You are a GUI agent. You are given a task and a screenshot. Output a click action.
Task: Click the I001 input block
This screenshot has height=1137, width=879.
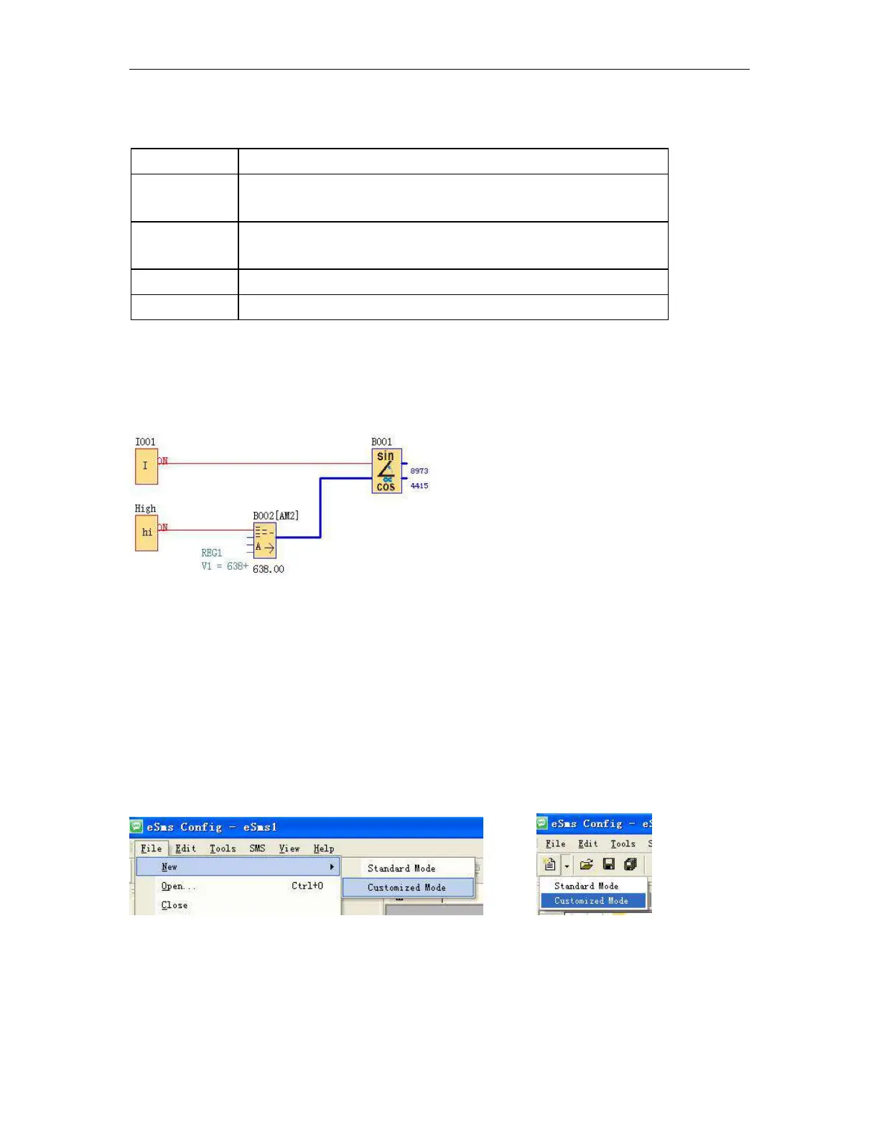(146, 466)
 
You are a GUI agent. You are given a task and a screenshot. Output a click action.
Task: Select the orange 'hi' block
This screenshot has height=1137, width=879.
(146, 533)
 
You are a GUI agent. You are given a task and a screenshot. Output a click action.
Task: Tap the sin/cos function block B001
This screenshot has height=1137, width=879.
(386, 471)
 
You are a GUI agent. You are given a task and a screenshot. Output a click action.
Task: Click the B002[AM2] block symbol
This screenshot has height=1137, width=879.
(264, 541)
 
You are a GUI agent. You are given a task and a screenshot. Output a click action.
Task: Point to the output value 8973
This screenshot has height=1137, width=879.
(419, 471)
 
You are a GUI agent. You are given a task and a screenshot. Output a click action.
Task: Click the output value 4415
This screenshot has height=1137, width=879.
(419, 486)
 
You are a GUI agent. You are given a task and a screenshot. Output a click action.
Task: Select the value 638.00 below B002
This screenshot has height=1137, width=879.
(269, 569)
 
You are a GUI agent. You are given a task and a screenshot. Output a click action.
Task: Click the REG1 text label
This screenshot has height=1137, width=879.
(211, 553)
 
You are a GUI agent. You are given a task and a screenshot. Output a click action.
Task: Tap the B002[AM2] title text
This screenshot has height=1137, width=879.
(276, 515)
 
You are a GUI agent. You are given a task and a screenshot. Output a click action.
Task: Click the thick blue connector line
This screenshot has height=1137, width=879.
(320, 506)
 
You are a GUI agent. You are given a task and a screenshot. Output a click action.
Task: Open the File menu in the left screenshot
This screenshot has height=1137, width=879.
(151, 848)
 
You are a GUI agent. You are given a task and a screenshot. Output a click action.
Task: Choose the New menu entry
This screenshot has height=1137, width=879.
(169, 867)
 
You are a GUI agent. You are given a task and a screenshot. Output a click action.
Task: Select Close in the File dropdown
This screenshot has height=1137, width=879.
(175, 905)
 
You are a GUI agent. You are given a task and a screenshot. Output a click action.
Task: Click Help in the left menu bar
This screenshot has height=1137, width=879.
(324, 848)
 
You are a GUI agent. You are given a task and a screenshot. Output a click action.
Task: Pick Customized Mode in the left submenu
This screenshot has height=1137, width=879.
(406, 888)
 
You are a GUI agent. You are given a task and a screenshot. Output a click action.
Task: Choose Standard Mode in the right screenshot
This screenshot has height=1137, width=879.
(586, 886)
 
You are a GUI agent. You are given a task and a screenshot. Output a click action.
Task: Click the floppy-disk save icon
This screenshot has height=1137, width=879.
(609, 865)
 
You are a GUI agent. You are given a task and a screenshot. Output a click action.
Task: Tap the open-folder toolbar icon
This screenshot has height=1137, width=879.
(586, 865)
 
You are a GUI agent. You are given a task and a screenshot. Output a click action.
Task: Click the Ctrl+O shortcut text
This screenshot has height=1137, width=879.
(307, 886)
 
